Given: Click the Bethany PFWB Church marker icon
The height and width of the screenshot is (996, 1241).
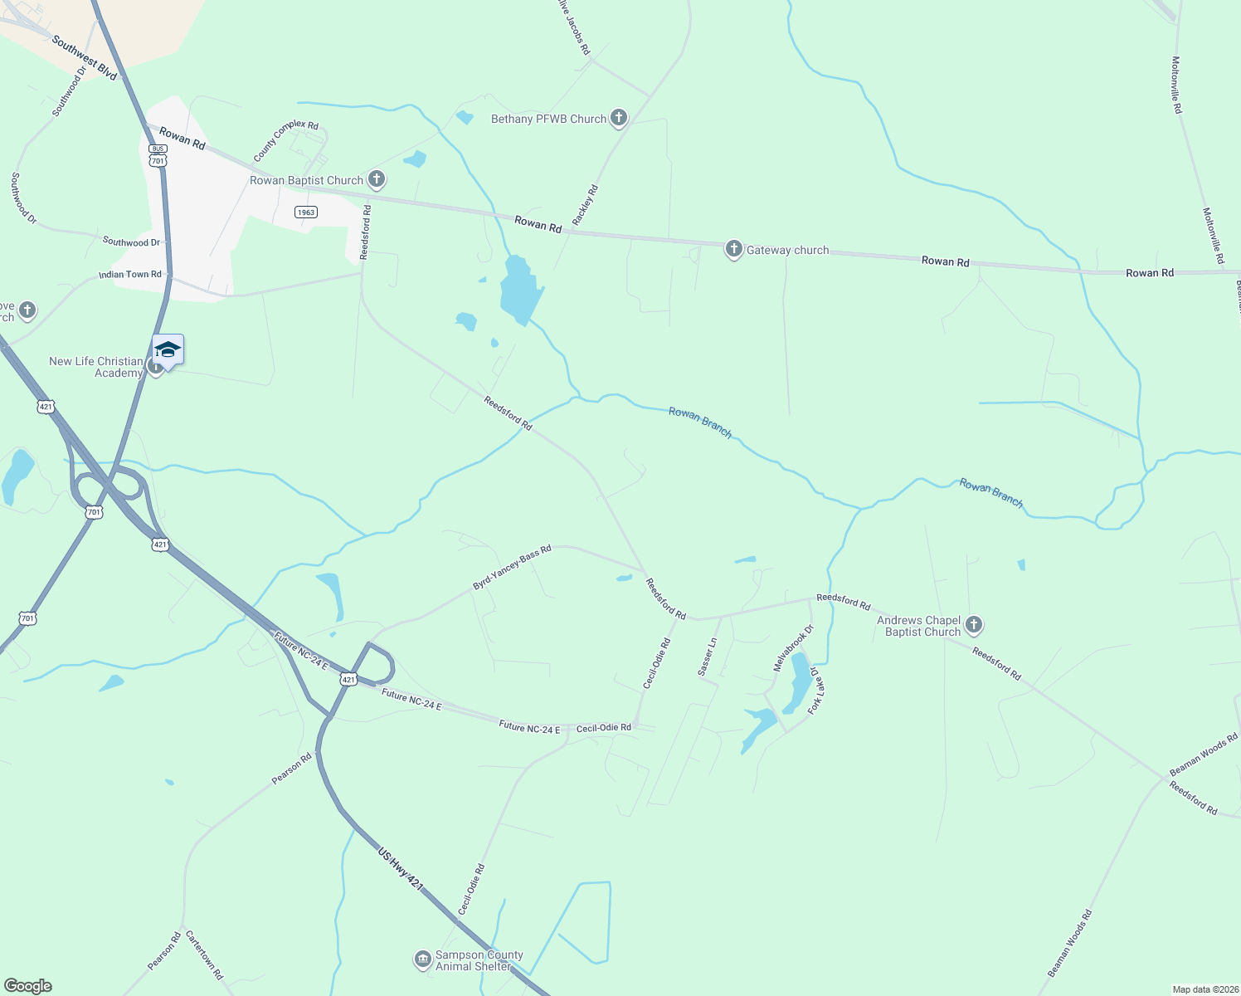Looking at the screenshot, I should [x=618, y=118].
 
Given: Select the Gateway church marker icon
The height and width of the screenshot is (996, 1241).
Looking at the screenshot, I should [x=733, y=248].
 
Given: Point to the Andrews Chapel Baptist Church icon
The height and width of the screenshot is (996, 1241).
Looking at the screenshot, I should [x=974, y=624].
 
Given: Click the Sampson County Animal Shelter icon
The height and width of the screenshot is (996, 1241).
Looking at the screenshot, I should [x=423, y=959].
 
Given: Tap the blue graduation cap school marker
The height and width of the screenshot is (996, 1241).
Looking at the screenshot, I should [x=168, y=350].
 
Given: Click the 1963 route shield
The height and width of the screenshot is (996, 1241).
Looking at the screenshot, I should [x=306, y=212].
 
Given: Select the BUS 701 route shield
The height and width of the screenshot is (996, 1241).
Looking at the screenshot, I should [x=158, y=154].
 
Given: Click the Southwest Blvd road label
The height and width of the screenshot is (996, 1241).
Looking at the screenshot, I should [x=85, y=57].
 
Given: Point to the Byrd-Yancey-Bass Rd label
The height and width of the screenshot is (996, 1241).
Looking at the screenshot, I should [x=512, y=568].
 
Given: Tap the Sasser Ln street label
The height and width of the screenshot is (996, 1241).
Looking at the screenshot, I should [x=707, y=657].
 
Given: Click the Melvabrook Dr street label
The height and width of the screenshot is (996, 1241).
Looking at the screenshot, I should [x=794, y=648].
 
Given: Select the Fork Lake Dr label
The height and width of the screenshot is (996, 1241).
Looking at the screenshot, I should [x=815, y=690].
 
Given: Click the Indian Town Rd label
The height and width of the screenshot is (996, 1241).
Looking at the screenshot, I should [x=130, y=274].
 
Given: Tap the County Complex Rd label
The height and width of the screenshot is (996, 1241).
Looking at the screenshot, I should [x=285, y=140].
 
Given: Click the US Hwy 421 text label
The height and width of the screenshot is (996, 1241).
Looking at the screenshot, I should [x=401, y=870].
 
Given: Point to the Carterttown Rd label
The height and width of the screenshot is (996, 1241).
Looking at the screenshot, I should [x=204, y=955].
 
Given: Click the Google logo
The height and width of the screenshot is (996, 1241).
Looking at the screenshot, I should [x=27, y=986].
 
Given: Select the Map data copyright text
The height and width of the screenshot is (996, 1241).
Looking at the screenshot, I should [x=1204, y=989].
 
